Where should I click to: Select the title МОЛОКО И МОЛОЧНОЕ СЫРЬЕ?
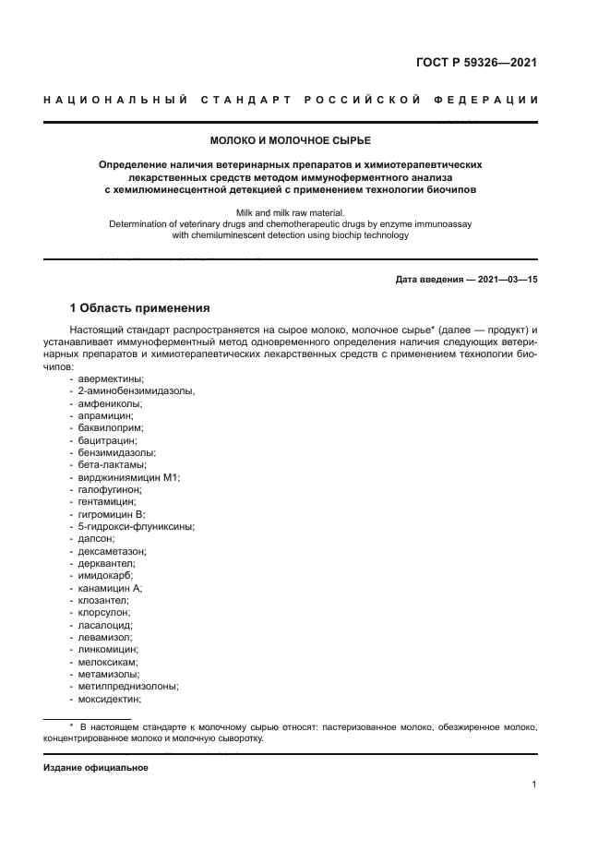coord(290,140)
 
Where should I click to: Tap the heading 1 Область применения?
coord(141,307)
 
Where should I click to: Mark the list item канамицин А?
coord(110,588)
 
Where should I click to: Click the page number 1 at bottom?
coord(534,785)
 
